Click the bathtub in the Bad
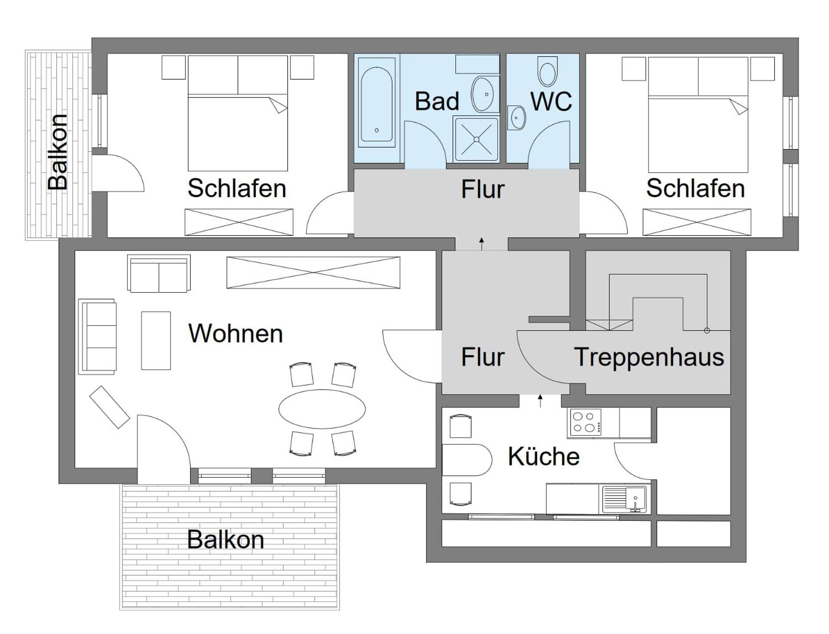[377, 102]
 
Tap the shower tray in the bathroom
[476, 139]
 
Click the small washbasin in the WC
[517, 118]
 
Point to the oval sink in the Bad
[485, 94]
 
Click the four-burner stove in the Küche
[584, 422]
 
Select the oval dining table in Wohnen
[322, 409]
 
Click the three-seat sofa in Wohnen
[97, 337]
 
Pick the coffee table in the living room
[156, 341]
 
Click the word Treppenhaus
[649, 357]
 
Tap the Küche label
[544, 456]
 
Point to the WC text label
[551, 101]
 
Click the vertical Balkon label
[58, 152]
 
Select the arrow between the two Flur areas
[482, 244]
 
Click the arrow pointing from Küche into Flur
[540, 400]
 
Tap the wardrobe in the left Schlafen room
[239, 222]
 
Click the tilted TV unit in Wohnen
[110, 407]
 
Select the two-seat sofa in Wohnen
[159, 273]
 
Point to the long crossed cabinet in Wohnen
[313, 273]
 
